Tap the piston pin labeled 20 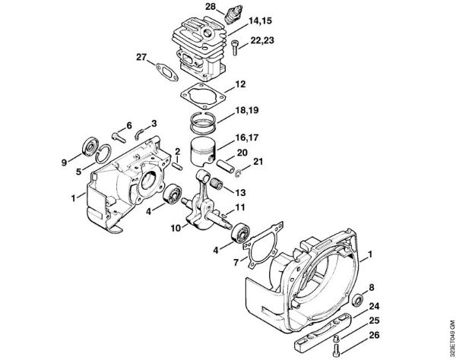228,163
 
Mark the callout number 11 239,207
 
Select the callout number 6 128,125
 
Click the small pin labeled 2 176,163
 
